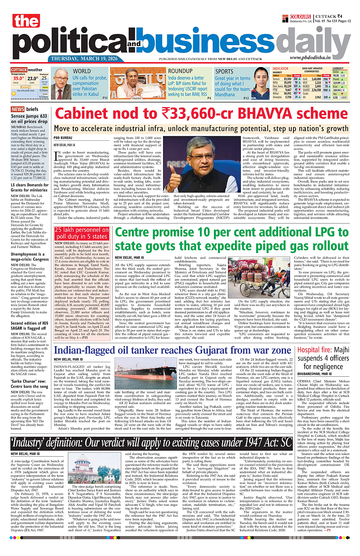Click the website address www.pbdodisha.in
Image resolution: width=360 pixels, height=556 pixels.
tap(316, 58)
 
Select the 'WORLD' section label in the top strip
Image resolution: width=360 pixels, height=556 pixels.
tap(82, 71)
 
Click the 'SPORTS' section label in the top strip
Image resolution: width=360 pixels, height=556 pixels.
tap(224, 71)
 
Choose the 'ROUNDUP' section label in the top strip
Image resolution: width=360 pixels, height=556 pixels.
tap(180, 71)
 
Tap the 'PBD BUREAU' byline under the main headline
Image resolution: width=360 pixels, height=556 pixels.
tap(63, 137)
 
